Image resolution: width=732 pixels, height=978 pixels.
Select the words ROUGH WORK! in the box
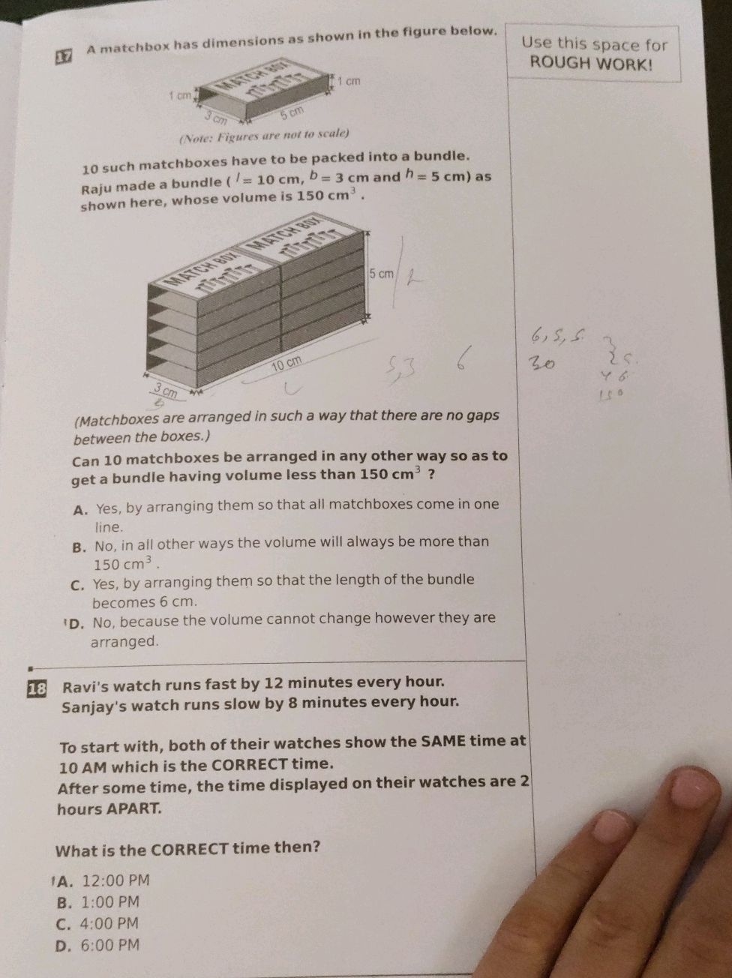591,63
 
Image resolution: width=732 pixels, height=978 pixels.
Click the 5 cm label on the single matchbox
292,112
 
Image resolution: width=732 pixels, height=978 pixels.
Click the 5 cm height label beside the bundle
381,274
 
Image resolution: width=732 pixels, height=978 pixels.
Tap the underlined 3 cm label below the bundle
164,391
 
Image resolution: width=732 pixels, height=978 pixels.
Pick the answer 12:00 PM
115,880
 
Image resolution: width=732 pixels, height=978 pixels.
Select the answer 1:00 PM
110,902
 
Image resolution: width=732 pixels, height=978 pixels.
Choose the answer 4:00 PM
110,924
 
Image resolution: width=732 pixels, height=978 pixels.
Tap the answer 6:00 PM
110,946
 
